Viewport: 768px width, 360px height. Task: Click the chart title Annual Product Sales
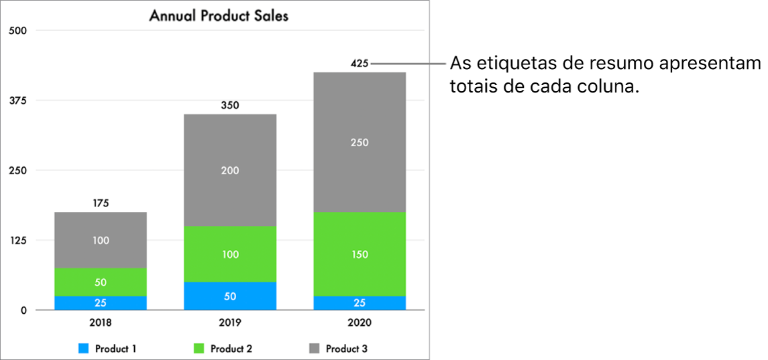click(219, 15)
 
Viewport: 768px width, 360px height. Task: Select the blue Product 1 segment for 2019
click(230, 296)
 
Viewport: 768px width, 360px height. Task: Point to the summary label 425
click(360, 64)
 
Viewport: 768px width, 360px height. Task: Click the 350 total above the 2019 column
click(230, 105)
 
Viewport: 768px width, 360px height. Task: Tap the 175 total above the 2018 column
click(101, 203)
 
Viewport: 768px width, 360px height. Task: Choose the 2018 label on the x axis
click(101, 322)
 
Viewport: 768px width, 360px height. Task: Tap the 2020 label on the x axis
click(360, 322)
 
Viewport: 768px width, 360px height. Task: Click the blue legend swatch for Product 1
click(84, 349)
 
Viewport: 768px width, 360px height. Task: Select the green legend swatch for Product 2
click(199, 349)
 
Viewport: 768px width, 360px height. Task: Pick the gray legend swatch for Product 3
click(315, 349)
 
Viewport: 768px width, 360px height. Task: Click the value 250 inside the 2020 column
click(360, 143)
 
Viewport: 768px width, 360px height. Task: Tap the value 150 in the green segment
click(360, 255)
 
